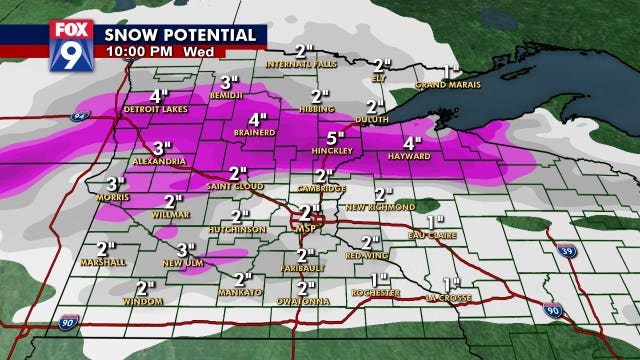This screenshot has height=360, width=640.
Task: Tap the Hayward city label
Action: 412,156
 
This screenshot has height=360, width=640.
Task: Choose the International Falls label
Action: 299,65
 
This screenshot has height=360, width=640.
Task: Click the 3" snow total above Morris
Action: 115,183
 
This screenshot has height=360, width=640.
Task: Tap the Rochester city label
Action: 377,292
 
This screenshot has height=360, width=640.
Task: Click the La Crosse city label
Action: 446,296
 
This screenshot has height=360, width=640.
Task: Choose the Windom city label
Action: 144,301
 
